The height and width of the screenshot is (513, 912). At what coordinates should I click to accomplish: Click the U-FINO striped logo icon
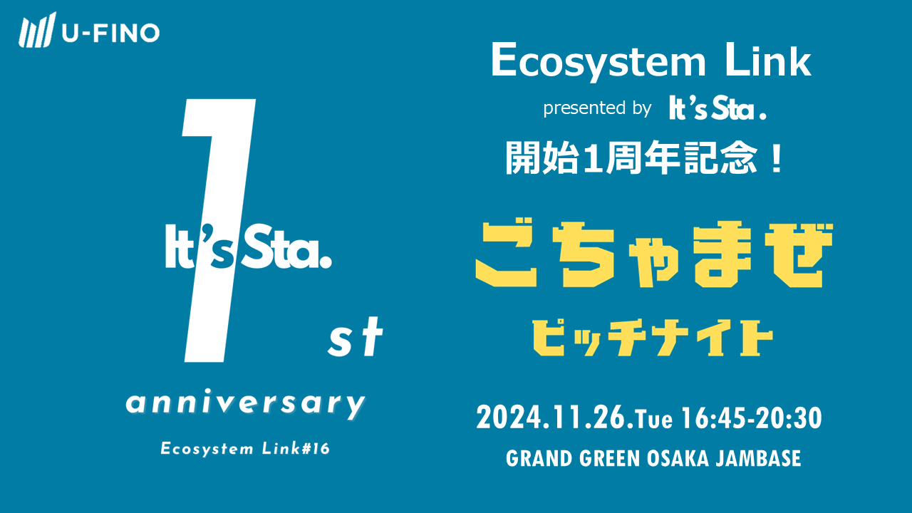click(x=37, y=30)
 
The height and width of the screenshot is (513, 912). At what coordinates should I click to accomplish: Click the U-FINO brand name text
click(x=110, y=33)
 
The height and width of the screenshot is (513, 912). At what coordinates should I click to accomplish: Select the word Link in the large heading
click(x=768, y=61)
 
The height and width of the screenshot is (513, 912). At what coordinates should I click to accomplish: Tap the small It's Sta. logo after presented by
click(x=717, y=108)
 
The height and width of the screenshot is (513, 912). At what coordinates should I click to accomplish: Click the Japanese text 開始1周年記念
click(x=631, y=158)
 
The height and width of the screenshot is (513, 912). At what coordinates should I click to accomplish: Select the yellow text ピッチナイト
click(x=653, y=338)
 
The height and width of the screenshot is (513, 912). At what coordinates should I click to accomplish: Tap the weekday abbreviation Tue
click(x=654, y=420)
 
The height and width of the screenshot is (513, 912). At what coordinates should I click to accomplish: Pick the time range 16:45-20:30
click(x=752, y=418)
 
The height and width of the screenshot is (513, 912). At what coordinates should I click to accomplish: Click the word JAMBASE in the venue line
click(x=758, y=458)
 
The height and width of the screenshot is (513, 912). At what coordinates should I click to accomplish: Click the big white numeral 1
click(x=219, y=230)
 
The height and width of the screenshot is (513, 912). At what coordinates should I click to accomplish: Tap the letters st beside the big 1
click(x=356, y=338)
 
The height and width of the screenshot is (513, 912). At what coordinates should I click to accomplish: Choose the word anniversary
click(x=246, y=403)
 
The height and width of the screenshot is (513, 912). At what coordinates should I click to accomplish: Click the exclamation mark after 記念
click(x=777, y=158)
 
